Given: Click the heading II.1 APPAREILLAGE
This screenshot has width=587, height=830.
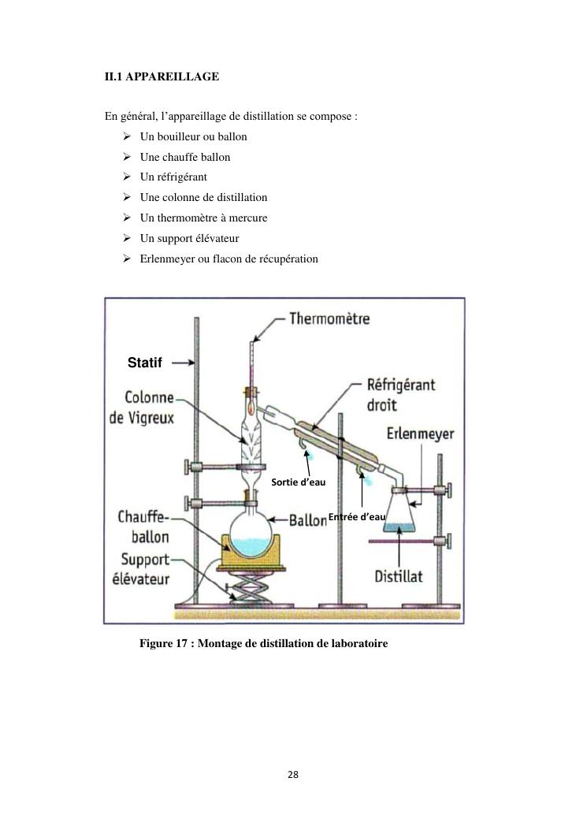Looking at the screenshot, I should [162, 77].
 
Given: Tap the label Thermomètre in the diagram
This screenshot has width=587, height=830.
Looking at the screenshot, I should [329, 319].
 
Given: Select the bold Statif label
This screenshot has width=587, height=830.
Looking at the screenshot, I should [144, 363].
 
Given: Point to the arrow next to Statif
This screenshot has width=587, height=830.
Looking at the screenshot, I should [182, 363].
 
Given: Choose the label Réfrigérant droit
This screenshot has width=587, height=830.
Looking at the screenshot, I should [401, 396].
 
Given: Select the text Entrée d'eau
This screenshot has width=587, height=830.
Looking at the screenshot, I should [357, 517].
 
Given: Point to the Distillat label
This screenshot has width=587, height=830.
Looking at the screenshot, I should [399, 576].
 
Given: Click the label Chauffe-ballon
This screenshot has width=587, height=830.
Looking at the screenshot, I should [143, 527].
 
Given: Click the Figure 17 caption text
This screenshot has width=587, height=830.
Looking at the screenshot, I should [263, 644].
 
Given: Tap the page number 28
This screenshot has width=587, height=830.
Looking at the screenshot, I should [293, 775].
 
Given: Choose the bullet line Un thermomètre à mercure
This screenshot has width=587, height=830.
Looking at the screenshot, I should [203, 218].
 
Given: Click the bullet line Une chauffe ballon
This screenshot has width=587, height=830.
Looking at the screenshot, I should [185, 157].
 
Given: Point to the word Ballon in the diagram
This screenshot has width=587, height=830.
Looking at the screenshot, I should [307, 520].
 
